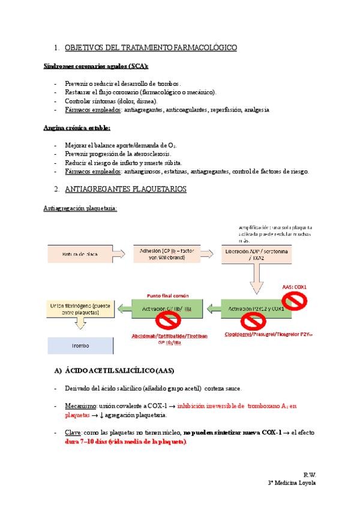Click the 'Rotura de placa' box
click(77, 254)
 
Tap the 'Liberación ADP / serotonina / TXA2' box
click(259, 254)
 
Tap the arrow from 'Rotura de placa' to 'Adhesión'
click(122, 254)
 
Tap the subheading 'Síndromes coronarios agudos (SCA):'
click(96, 66)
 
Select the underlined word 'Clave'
click(73, 432)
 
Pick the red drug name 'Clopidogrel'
click(240, 334)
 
